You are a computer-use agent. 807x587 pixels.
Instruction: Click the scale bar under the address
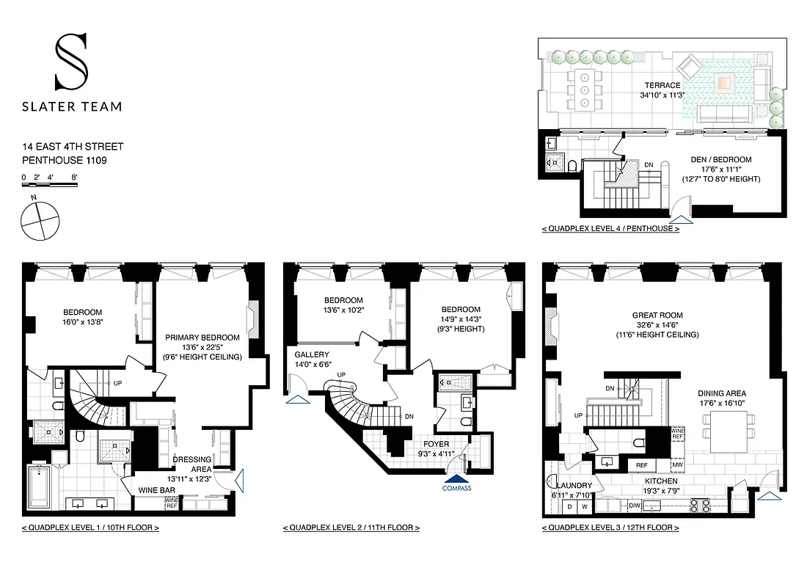coord(48,186)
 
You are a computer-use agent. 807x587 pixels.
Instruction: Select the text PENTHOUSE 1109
coord(65,159)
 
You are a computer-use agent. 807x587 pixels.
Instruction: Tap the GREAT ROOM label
coord(657,315)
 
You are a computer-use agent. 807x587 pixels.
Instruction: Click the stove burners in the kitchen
coord(701,505)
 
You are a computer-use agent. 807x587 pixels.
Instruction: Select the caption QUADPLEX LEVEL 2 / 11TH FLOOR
coord(351,528)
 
